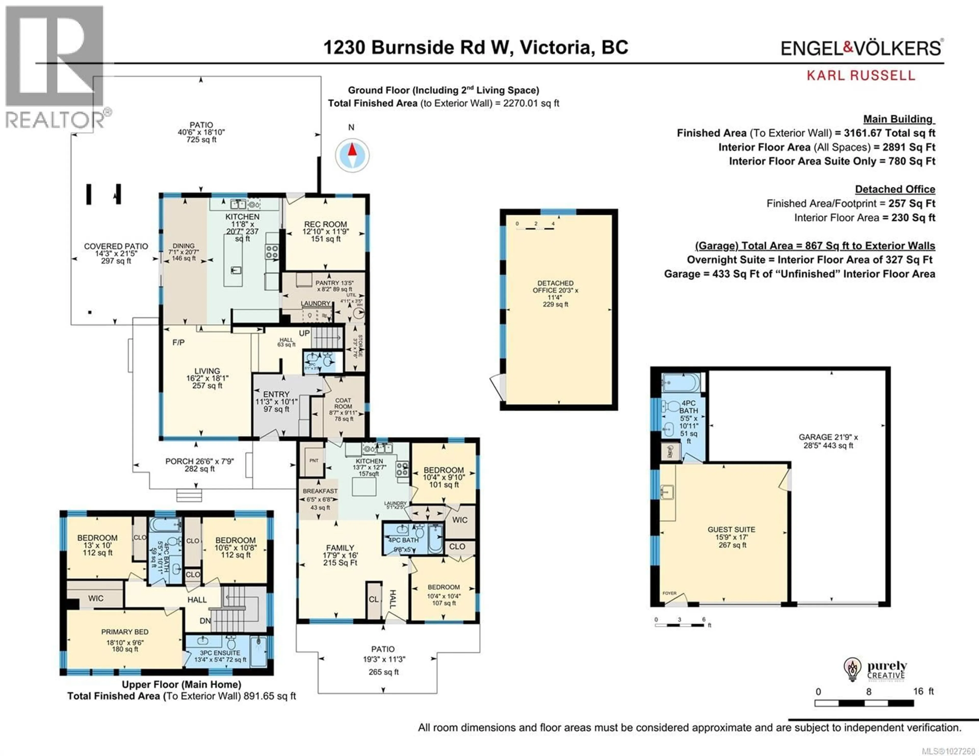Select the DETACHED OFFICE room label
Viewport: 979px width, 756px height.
coord(555,287)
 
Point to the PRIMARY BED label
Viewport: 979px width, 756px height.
coord(125,632)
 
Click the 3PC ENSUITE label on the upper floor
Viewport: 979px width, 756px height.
coord(220,653)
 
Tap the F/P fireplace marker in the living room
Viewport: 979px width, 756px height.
coord(178,342)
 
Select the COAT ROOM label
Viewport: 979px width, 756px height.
coord(343,403)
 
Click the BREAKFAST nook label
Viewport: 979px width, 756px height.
coord(320,491)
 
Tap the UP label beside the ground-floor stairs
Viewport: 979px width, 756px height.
coord(304,334)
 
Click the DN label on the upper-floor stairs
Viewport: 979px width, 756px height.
coord(205,621)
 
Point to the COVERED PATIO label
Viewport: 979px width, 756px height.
coord(116,246)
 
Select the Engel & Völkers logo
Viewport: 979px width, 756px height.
coord(861,48)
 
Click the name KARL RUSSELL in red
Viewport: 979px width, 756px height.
coord(861,75)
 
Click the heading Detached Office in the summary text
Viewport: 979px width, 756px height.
coord(895,189)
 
